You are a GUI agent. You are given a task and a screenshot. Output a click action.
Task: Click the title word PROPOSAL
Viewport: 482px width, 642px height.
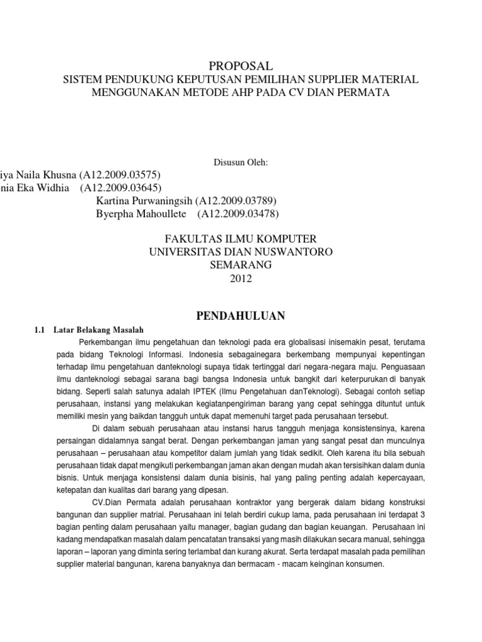pos(240,66)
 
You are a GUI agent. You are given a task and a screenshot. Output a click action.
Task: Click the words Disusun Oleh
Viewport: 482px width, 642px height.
pos(241,163)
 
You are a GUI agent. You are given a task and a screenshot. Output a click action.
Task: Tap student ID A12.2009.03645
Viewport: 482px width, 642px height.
pos(124,188)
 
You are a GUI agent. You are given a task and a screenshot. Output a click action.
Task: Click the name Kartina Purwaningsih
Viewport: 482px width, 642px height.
pos(144,201)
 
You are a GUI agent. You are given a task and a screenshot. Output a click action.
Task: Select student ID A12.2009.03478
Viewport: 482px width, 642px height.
pos(238,214)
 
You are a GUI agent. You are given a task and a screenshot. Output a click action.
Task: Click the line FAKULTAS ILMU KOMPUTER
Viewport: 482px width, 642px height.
pos(240,239)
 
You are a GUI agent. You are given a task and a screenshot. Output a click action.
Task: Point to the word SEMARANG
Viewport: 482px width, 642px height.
pos(240,265)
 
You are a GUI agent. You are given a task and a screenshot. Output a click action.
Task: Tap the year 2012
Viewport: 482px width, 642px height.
pos(240,278)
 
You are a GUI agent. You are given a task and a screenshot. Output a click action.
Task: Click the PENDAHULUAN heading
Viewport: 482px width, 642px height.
pos(241,314)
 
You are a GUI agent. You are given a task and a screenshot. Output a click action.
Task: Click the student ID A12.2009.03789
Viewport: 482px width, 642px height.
pos(236,201)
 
